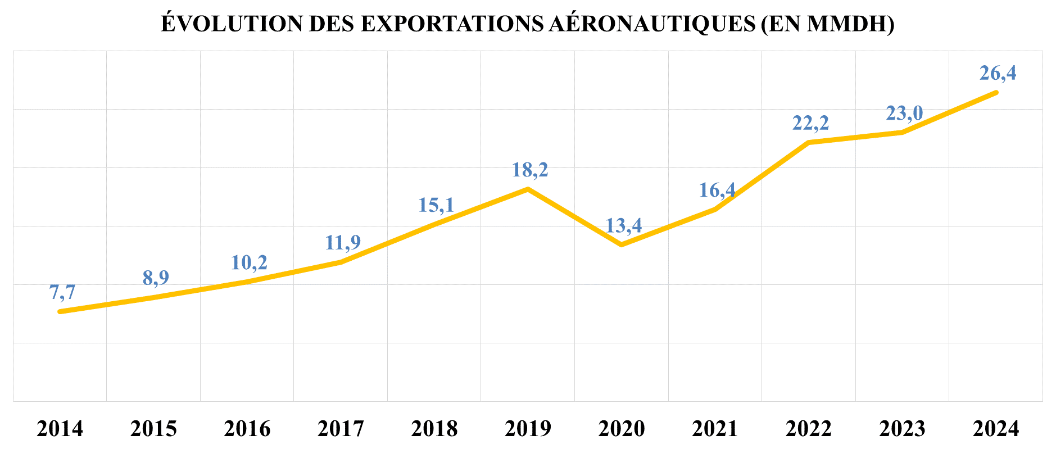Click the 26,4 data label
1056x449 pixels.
point(998,73)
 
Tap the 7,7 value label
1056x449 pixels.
point(62,292)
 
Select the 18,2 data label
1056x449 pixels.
point(530,169)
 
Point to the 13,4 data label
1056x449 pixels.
point(623,225)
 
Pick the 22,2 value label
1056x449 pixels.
point(810,123)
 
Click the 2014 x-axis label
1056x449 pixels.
point(60,429)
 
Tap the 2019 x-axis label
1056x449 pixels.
point(528,429)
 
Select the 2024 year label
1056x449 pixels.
point(995,429)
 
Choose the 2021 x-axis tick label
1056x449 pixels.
point(715,429)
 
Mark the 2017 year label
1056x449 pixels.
point(341,429)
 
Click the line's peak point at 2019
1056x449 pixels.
point(528,189)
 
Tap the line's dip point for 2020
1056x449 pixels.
point(621,244)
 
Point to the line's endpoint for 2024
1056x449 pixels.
point(996,92)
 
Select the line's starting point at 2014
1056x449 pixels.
point(60,311)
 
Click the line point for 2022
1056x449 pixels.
point(809,142)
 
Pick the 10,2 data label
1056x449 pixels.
point(249,262)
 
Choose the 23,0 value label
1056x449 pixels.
point(904,113)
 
